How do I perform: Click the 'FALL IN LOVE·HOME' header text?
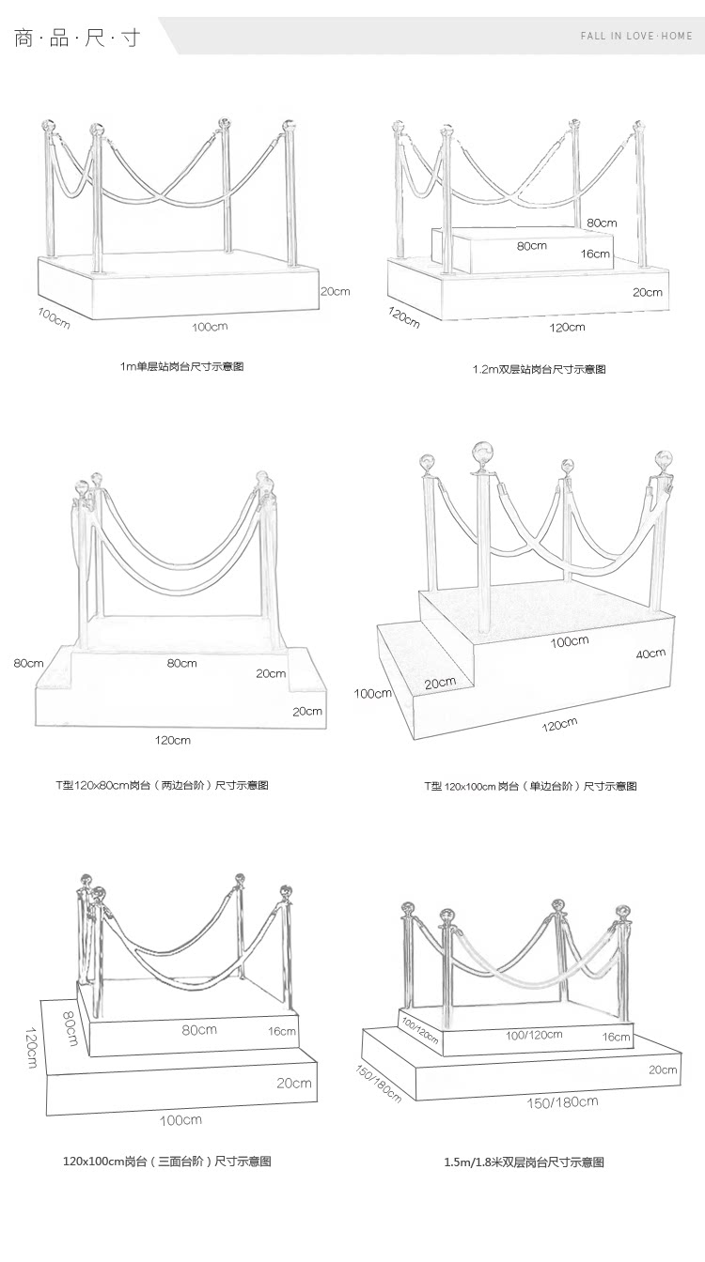pos(635,36)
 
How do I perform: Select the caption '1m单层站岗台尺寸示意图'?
pos(181,366)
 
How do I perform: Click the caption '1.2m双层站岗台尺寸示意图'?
pos(539,369)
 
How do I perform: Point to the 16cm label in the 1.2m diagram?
pos(595,254)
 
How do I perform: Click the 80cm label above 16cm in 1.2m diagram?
pos(602,223)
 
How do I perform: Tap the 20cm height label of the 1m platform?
pos(335,291)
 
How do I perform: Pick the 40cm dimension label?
pos(650,654)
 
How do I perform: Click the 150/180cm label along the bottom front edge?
pos(561,1102)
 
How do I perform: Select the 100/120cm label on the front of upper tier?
pos(534,1035)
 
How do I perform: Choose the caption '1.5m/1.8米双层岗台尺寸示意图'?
pos(524,1162)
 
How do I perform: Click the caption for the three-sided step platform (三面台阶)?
pos(166,1162)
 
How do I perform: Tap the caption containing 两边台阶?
pos(162,785)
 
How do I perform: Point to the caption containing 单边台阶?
pos(530,786)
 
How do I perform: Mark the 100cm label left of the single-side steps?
pos(372,694)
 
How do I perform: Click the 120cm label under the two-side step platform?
pos(173,740)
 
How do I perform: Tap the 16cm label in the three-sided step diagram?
pos(282,1030)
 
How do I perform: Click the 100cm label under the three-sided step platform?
pos(180,1119)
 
